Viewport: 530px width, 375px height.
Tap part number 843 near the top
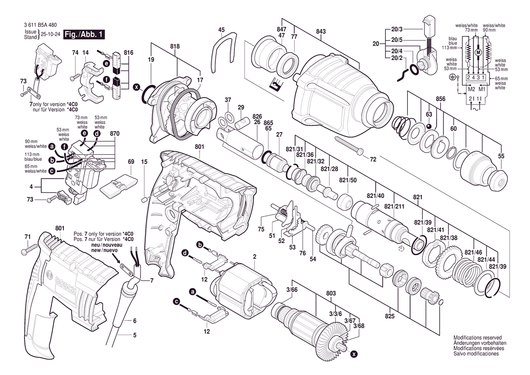321,31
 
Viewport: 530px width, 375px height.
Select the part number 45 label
221,30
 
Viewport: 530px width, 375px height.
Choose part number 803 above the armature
331,294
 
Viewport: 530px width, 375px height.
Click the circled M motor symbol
477,53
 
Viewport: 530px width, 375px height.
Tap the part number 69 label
131,162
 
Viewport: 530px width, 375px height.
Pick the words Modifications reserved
477,338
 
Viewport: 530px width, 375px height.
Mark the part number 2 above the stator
255,257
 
